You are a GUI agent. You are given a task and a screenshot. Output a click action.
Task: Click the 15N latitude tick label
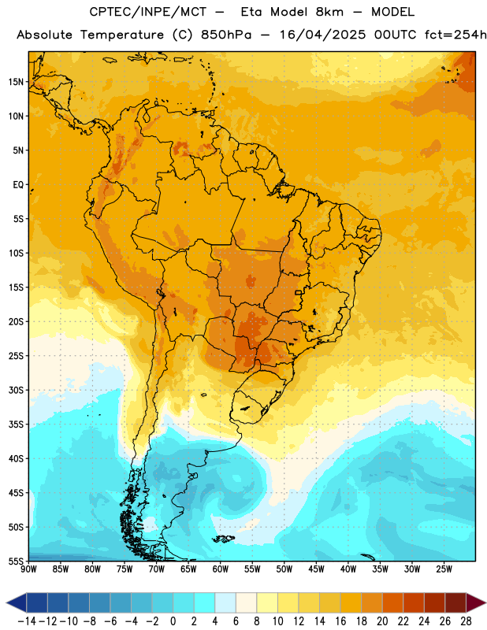pos(16,82)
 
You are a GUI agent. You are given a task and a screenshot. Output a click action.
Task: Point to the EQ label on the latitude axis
pos(18,185)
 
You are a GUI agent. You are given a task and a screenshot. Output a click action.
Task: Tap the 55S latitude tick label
pos(16,561)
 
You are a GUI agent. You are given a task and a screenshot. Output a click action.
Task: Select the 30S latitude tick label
pos(16,390)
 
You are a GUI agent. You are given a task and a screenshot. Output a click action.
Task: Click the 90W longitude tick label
pos(28,569)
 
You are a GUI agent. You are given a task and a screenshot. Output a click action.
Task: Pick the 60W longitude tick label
pos(221,569)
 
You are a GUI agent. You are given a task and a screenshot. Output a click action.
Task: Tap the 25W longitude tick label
pos(444,569)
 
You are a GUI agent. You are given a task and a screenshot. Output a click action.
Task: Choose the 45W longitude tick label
pos(316,569)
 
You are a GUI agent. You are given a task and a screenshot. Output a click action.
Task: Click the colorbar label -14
pos(28,621)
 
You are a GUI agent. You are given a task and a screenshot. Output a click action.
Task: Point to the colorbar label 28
pos(466,621)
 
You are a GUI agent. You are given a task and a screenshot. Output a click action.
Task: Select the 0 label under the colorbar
pos(173,621)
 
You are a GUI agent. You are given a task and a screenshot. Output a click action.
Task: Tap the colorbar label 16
pos(340,621)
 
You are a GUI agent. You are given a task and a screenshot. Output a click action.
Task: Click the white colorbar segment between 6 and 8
pos(246,603)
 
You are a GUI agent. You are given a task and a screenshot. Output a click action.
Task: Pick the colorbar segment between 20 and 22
pos(392,603)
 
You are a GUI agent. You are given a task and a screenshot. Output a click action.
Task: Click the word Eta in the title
pos(251,12)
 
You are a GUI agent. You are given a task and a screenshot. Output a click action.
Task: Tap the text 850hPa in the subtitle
pos(226,35)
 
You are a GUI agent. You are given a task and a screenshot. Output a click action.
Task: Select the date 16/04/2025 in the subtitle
pos(323,35)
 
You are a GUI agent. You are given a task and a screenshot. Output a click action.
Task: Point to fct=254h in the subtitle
pos(455,35)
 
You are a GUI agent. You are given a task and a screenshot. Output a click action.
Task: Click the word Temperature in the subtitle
pos(122,35)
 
